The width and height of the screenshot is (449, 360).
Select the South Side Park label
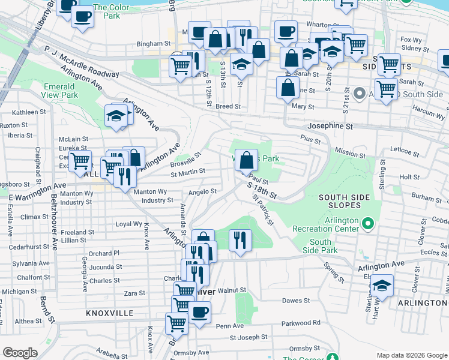coord(320,246)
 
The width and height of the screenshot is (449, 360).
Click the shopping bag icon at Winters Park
coord(246,160)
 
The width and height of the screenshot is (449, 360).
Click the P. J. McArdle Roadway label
coord(82,61)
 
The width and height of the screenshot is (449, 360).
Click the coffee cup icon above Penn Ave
coord(200,312)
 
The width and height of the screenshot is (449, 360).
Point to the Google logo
coord(20,353)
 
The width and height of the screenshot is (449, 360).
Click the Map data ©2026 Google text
coord(411,355)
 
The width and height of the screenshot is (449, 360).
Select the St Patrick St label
coord(263,210)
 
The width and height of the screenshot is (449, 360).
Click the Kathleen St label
coord(29,112)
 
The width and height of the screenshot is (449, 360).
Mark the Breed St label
coord(228,106)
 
